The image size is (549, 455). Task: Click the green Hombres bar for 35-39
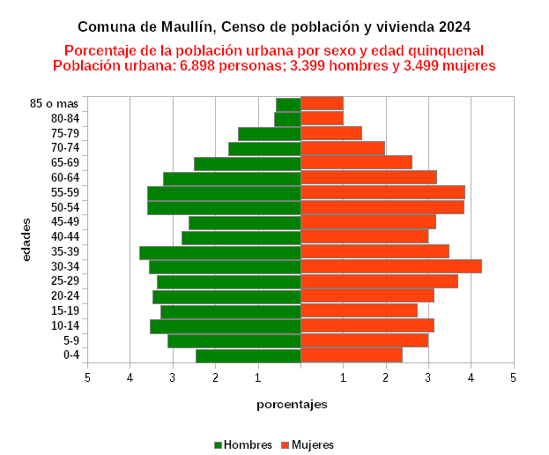220,252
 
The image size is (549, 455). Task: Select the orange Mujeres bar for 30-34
391,266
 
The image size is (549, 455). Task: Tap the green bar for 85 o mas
289,104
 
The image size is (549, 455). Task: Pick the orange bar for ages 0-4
352,355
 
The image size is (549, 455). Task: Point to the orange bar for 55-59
382,192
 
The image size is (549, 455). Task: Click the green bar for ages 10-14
226,326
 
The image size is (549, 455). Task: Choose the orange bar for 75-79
331,133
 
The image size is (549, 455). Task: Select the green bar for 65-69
248,163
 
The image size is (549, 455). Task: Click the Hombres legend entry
242,444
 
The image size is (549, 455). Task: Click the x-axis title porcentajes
292,405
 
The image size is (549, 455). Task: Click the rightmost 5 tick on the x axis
513,378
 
